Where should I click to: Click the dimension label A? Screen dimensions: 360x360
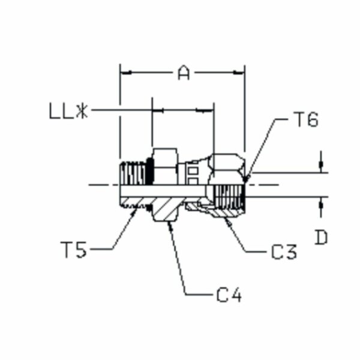tap(184, 73)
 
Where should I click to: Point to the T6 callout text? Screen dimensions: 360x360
tap(305, 120)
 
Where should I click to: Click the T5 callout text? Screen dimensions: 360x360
tap(74, 248)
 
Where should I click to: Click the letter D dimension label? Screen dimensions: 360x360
tap(322, 238)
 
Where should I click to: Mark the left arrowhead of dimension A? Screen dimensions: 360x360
tap(124, 73)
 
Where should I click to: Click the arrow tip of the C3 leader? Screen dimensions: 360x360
tap(225, 219)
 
